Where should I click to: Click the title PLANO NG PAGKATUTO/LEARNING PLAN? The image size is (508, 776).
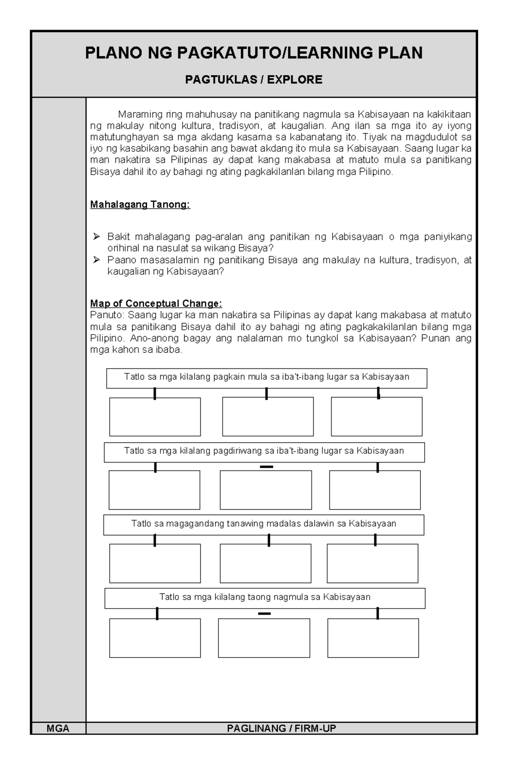point(254,53)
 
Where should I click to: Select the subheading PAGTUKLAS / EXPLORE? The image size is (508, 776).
point(254,80)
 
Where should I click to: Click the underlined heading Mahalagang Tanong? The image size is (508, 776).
point(140,205)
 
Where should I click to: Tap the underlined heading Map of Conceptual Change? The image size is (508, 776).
point(156,303)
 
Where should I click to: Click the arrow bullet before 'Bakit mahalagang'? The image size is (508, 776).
point(97,237)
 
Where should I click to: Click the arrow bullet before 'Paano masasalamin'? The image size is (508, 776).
point(97,260)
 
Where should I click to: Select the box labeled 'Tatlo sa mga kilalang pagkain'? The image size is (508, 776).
point(266,378)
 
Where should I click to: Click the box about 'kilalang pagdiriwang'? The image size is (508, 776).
point(264,452)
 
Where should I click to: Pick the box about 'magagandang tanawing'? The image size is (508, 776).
point(263,524)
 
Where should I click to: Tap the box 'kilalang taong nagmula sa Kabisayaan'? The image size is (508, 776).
point(265,598)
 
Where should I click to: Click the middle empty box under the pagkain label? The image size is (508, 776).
point(268,417)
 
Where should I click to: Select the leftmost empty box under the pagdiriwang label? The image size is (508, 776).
point(154,490)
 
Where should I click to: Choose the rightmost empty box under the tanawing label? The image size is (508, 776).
point(372,563)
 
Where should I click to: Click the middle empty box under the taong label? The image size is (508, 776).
point(264,638)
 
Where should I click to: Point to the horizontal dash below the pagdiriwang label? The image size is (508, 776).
point(266,467)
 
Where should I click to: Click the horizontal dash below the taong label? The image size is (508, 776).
point(264,614)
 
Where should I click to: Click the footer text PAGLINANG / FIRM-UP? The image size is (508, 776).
point(281,728)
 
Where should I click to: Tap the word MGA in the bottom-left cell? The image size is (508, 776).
point(58,728)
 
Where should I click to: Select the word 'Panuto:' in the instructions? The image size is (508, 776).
point(108,315)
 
